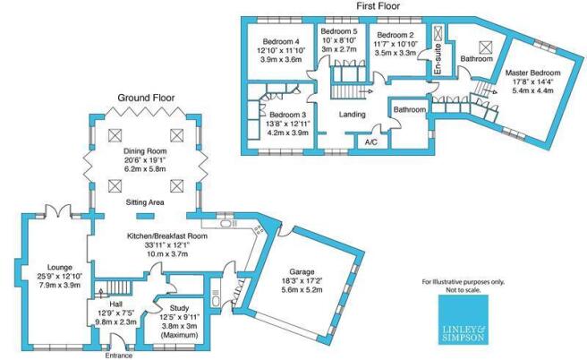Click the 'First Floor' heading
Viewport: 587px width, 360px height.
coord(379,6)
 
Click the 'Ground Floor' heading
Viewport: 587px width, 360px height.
coord(147,98)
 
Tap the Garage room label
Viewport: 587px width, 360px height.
coord(302,272)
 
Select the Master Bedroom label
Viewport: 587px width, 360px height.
coord(532,73)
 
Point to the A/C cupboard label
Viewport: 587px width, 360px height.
coord(371,142)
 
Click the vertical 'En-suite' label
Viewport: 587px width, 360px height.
coord(438,59)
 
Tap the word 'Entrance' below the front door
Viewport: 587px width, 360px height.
coord(119,356)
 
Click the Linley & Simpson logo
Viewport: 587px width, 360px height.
coord(464,320)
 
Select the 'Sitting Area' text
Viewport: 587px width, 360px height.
coord(145,202)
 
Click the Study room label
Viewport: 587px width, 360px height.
coord(179,308)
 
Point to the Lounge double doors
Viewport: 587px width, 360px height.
coord(58,210)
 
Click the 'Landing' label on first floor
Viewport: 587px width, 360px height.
coord(353,115)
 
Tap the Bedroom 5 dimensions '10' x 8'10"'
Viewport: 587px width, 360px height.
coord(339,39)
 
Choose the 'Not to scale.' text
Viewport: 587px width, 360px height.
coord(464,289)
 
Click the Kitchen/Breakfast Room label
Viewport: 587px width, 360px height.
coord(167,236)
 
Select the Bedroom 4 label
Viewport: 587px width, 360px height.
coord(281,41)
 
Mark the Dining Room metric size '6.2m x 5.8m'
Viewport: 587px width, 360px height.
coord(145,169)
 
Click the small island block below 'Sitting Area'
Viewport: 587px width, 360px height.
coord(145,216)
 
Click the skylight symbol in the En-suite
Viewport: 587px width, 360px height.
coord(438,33)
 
